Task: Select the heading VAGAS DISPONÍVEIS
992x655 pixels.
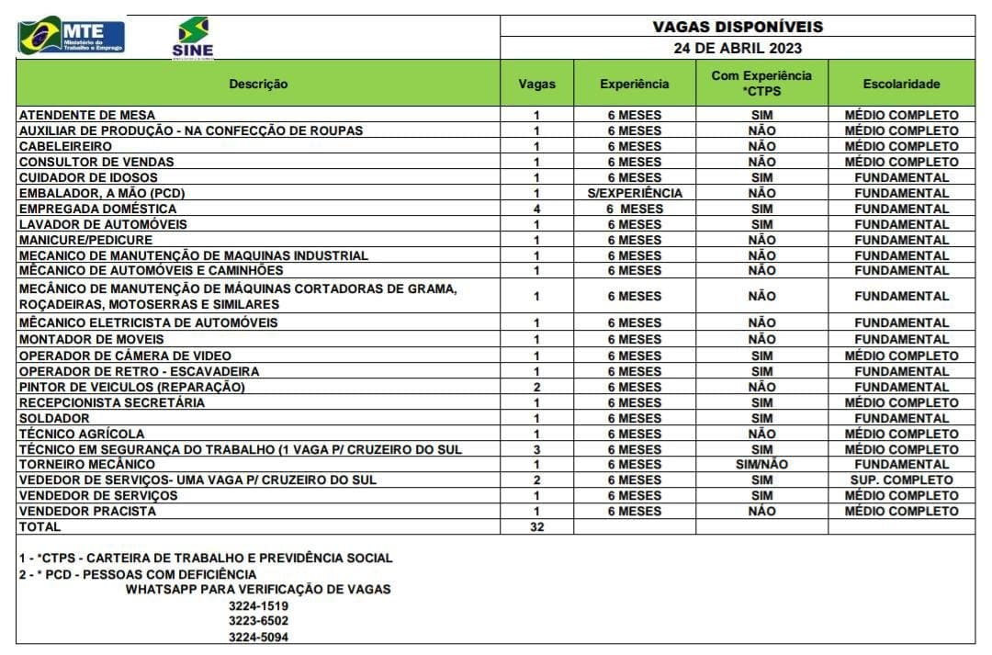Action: (738, 27)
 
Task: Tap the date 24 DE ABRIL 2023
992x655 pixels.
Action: (738, 49)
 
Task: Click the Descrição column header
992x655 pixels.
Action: (258, 84)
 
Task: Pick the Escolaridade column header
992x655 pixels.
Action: (901, 84)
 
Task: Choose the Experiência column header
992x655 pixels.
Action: (634, 84)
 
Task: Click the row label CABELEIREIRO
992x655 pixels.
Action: (65, 146)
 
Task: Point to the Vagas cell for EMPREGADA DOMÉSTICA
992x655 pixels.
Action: (536, 209)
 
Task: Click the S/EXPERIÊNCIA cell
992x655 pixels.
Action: (634, 193)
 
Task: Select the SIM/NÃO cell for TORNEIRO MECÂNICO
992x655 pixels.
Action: (761, 465)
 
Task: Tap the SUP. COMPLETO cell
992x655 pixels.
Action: (901, 480)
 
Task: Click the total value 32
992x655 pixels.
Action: (536, 527)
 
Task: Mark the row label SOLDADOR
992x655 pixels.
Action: (54, 418)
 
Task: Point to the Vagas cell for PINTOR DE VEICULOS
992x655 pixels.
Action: (536, 387)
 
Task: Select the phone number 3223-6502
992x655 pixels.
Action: (258, 621)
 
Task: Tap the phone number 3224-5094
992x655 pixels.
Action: (258, 637)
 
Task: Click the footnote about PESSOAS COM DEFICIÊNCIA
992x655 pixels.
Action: (138, 574)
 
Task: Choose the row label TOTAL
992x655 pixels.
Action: (39, 527)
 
